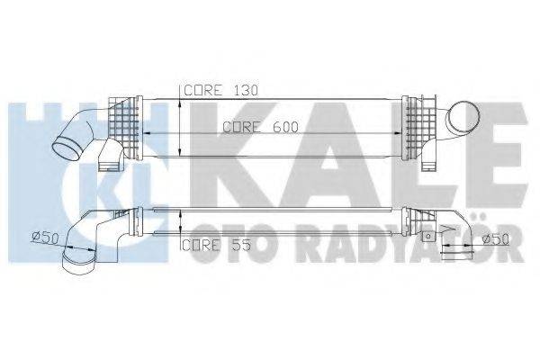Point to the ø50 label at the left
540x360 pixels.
click(45, 237)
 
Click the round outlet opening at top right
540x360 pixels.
click(464, 119)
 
